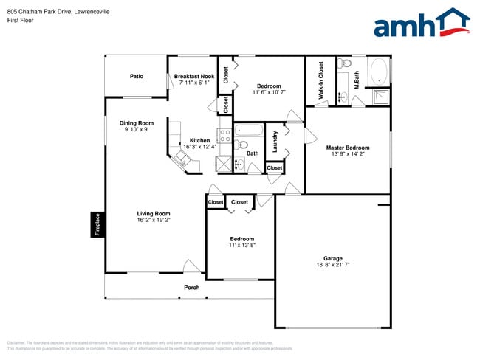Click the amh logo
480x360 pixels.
(x=422, y=24)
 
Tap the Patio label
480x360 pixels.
(x=137, y=76)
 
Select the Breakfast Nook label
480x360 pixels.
(x=194, y=76)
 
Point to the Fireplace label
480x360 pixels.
(x=96, y=225)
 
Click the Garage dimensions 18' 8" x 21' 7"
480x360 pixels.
(x=332, y=264)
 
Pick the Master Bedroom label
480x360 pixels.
(x=348, y=148)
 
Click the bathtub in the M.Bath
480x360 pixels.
(x=379, y=72)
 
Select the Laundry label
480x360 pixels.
(x=275, y=142)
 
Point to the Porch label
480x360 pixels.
(x=191, y=287)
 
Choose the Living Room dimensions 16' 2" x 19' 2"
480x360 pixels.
(x=154, y=220)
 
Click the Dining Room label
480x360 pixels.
(x=137, y=123)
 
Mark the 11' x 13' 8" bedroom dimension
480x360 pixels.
(x=241, y=245)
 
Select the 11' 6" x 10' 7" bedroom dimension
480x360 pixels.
(x=268, y=92)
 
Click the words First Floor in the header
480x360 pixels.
(x=20, y=21)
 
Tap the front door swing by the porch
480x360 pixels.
(x=191, y=266)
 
